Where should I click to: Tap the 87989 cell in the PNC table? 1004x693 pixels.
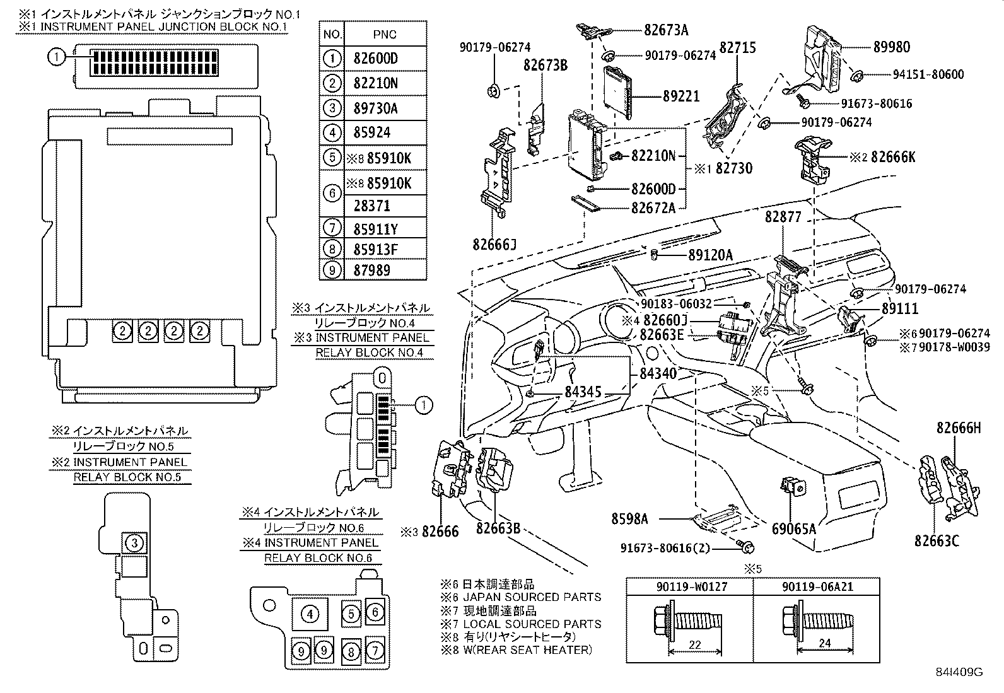click(372, 271)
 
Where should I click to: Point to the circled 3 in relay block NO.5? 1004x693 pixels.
click(134, 542)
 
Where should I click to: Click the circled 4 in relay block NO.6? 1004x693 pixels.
click(310, 614)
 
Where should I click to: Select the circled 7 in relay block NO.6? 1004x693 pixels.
click(375, 650)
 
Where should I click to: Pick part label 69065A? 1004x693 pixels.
click(793, 528)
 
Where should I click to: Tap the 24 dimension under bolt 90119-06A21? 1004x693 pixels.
click(824, 643)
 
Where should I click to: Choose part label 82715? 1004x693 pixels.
click(738, 47)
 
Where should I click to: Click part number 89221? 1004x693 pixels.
click(680, 96)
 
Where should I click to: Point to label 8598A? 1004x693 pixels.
click(629, 518)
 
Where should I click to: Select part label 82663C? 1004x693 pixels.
click(937, 540)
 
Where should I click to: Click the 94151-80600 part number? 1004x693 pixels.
click(928, 74)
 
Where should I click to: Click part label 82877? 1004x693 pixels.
click(783, 216)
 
